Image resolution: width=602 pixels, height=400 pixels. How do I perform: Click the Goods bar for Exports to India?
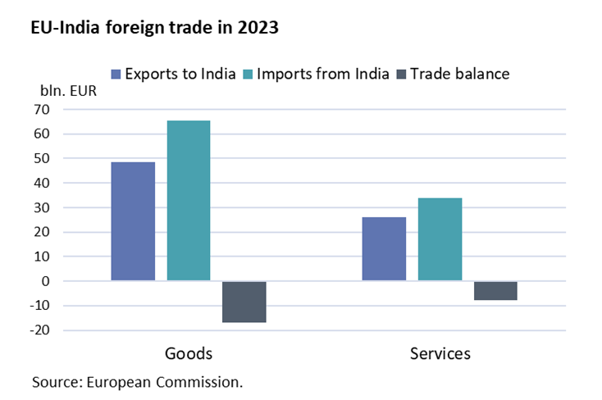tap(133, 221)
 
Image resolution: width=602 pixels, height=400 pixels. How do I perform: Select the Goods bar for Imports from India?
tap(189, 201)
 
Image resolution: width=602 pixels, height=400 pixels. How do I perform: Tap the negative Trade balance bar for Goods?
tap(244, 302)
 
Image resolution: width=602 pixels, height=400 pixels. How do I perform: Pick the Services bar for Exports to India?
tap(384, 249)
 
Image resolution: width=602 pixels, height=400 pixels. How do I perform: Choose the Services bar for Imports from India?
tap(440, 239)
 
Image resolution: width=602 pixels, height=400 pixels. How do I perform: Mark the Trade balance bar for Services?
tap(495, 290)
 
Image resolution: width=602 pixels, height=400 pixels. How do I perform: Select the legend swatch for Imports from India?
tap(249, 74)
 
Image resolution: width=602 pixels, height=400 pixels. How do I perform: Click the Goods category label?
tap(189, 354)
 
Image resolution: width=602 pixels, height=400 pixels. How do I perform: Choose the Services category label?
tap(440, 354)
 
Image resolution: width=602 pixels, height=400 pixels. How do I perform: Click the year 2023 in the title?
tap(257, 28)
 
